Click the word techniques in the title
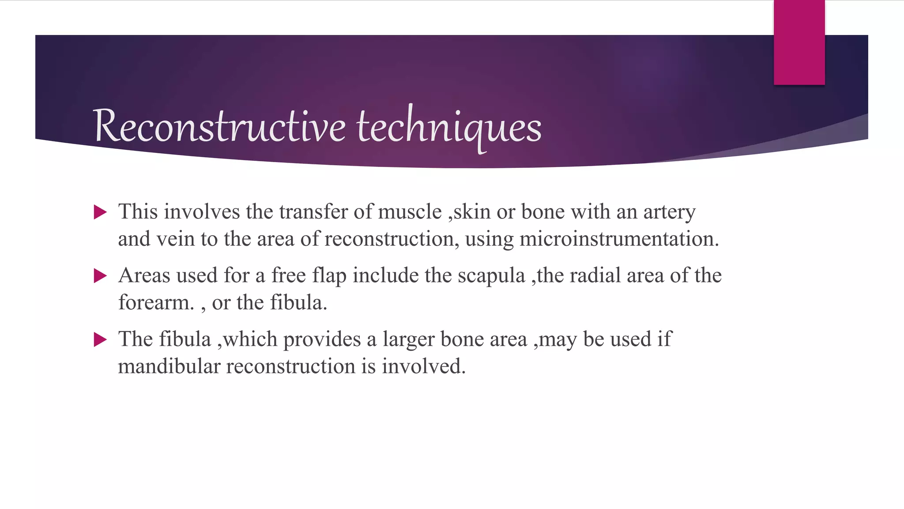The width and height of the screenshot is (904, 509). [449, 127]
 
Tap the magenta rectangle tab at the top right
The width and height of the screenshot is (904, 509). [799, 42]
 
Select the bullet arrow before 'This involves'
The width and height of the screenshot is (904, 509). [101, 213]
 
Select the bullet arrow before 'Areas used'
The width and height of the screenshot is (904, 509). [101, 276]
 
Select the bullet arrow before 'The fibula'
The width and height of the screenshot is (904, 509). [101, 340]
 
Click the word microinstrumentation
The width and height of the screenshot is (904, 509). [618, 239]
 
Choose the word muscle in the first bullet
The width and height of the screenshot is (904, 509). [410, 212]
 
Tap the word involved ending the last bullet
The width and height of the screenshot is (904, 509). [423, 367]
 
